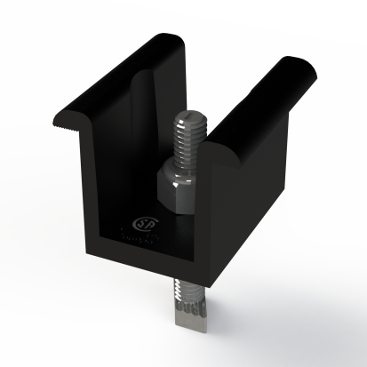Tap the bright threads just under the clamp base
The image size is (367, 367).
point(188,289)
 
